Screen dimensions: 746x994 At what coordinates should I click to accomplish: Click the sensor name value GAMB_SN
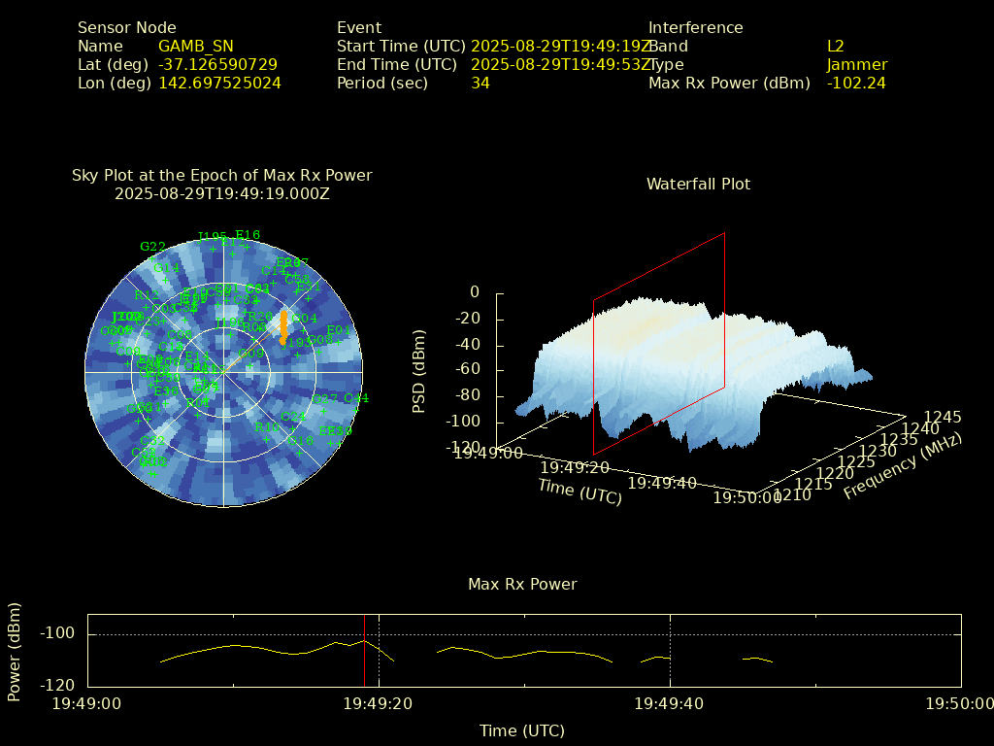click(195, 46)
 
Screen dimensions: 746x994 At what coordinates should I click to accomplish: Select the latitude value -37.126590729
click(217, 64)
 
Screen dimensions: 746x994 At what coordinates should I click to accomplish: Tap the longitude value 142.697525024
click(219, 83)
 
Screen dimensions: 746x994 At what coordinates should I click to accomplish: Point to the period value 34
click(480, 83)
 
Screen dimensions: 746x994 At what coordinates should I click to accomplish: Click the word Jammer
click(856, 64)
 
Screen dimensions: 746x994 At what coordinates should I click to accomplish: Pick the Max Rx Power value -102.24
click(855, 83)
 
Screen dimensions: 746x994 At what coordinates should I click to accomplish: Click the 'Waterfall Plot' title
click(698, 184)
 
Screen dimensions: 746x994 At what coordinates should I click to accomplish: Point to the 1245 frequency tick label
click(942, 418)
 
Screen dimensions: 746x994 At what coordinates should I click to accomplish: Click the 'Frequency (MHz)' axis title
click(902, 467)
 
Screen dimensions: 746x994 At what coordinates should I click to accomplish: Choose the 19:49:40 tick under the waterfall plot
click(662, 483)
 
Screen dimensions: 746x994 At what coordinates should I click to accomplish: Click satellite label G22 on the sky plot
click(152, 246)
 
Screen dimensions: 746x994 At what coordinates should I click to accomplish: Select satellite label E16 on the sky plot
click(248, 234)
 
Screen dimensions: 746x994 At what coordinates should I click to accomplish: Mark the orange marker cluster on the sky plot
click(282, 327)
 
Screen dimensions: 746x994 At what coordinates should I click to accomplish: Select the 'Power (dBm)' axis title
click(14, 650)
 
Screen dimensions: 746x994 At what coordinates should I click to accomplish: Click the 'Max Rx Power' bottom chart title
click(522, 584)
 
